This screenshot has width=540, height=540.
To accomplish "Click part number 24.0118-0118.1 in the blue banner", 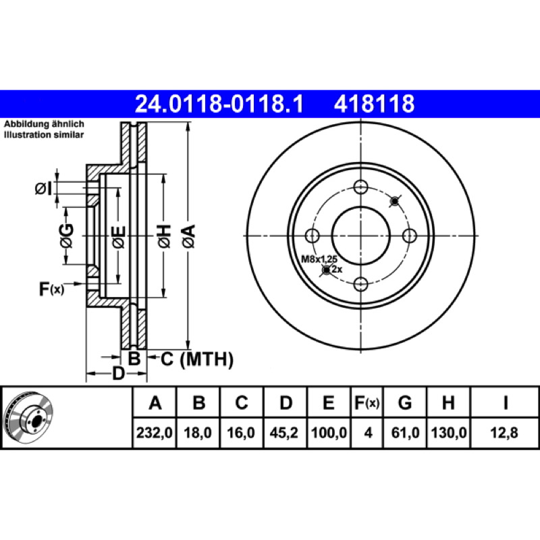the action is point(219,104).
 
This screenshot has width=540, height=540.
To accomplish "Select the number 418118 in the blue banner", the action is point(375,104).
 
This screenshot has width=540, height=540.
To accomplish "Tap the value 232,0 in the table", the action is point(155,433).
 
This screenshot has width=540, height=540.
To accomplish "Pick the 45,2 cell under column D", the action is point(283,433).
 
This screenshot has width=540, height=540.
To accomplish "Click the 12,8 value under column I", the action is point(504,433).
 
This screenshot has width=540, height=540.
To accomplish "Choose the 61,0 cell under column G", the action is point(406,433).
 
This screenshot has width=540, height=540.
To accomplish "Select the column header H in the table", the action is point(448,402).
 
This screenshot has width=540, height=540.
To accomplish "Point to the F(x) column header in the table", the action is point(367,402).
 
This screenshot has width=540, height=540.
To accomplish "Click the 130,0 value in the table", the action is point(449,433).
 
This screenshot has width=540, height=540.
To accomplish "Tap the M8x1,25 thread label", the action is point(319,259).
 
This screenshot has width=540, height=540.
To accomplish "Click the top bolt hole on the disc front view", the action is point(360,188).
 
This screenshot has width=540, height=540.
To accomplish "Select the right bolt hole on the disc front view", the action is point(410,236).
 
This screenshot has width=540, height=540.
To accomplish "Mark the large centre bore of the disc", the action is point(360,236).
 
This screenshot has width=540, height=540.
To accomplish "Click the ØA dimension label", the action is point(189,236).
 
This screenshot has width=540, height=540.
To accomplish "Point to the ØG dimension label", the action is point(67,236).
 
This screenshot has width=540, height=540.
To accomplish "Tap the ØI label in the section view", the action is point(44,189).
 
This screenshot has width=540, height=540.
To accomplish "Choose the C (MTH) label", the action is point(197,359).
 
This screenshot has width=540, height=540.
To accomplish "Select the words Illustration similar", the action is point(44,134).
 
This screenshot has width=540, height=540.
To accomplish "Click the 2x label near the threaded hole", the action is point(337,269).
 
